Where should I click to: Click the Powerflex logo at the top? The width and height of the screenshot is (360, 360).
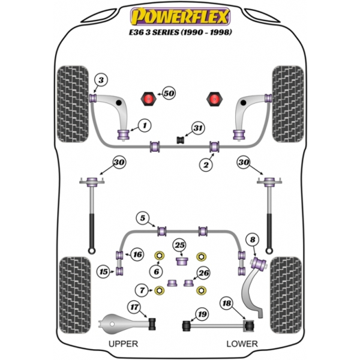point(180,16)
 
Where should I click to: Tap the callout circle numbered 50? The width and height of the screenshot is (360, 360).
point(169,93)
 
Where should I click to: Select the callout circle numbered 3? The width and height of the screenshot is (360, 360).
point(101,80)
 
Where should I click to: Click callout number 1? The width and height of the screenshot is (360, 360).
point(145,125)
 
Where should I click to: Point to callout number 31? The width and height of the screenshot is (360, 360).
point(198,128)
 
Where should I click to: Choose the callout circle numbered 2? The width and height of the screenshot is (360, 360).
point(206,164)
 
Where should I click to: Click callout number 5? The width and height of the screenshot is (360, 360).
point(143,218)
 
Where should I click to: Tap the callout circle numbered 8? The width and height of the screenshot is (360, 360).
point(253,239)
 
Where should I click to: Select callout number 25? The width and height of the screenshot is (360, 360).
point(180,245)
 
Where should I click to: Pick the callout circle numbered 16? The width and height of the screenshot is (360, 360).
point(137,254)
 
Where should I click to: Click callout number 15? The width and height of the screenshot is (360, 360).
point(103,272)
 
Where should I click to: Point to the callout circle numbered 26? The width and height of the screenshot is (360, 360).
point(203,273)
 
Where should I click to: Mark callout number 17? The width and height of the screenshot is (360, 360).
point(134,307)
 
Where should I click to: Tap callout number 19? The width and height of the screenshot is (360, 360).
point(202,314)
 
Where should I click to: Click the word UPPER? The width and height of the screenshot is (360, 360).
point(123,344)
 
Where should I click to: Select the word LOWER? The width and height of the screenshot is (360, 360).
point(242,344)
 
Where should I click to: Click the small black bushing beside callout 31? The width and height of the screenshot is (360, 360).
point(181,140)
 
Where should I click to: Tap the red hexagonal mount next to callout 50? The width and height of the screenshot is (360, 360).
point(149,99)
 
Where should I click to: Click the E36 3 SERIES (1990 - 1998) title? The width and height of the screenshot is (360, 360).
point(180,32)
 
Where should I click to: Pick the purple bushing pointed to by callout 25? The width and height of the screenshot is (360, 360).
point(182,262)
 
